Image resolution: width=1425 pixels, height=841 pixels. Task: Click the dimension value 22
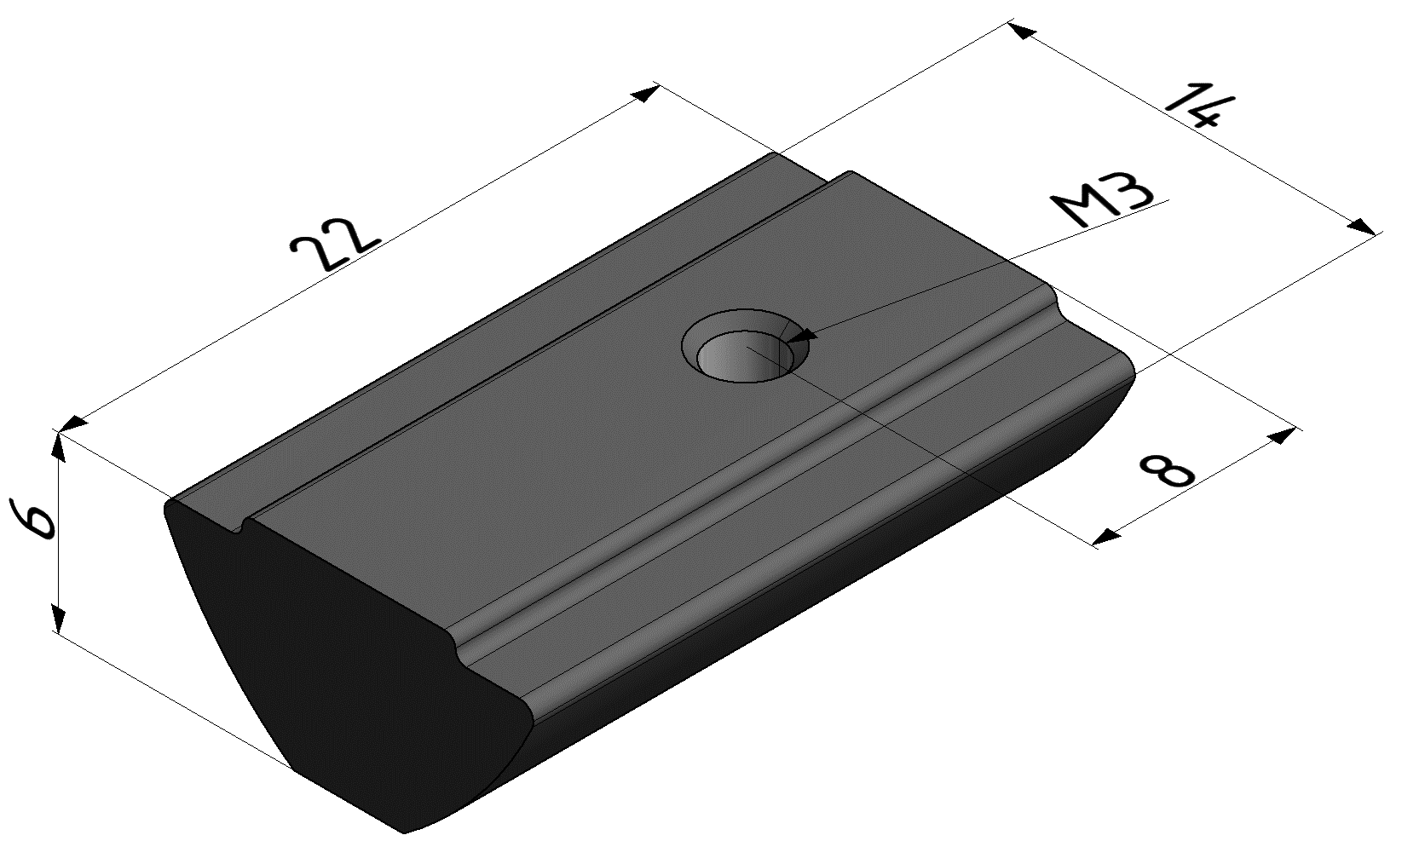[335, 245]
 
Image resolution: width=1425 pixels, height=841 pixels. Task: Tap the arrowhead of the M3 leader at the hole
[803, 336]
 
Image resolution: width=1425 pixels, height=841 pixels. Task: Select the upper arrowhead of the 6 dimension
[58, 446]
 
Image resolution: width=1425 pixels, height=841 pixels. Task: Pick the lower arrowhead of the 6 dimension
[58, 619]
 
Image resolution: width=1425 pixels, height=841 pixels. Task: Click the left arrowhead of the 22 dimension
[75, 423]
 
